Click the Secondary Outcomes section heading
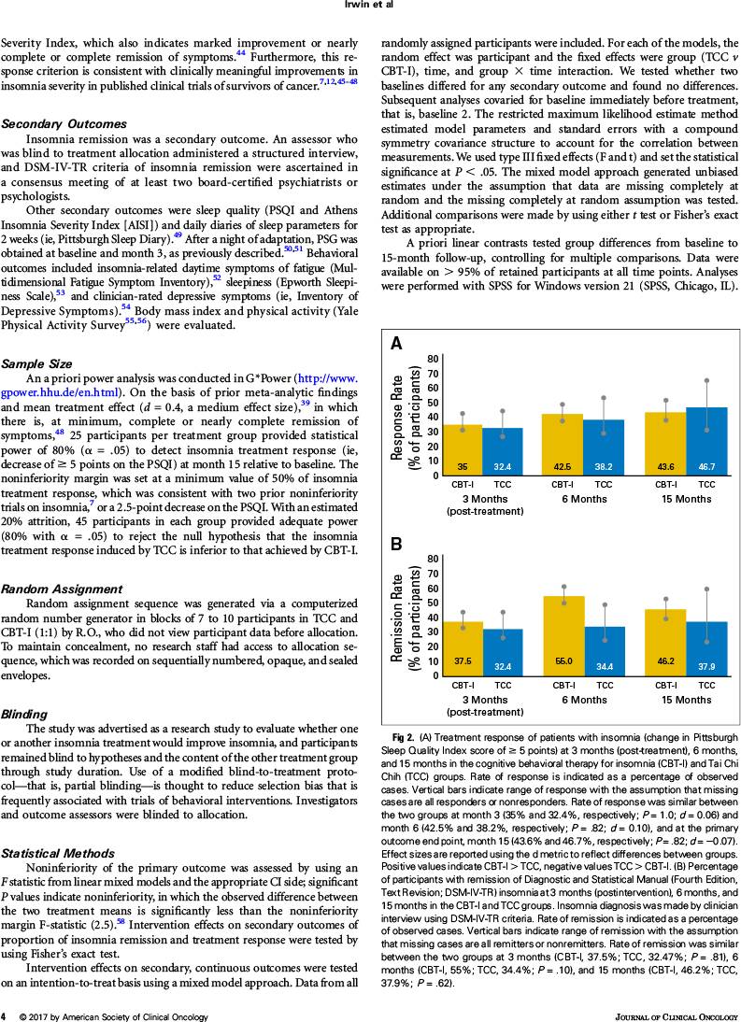(x=64, y=124)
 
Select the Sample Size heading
(x=36, y=363)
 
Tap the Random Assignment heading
(x=62, y=589)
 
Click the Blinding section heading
(x=24, y=715)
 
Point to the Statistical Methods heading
(x=57, y=853)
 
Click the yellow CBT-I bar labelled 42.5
(x=563, y=444)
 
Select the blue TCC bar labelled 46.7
(x=706, y=441)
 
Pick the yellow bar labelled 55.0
(x=563, y=635)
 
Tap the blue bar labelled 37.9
(x=706, y=648)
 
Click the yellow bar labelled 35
(x=462, y=449)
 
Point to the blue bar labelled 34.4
(x=605, y=650)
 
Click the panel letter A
(x=395, y=344)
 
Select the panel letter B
(x=395, y=545)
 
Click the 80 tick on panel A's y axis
(x=433, y=359)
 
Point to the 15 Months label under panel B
(x=686, y=700)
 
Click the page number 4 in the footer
(x=4, y=1016)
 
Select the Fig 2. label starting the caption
(x=404, y=738)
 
